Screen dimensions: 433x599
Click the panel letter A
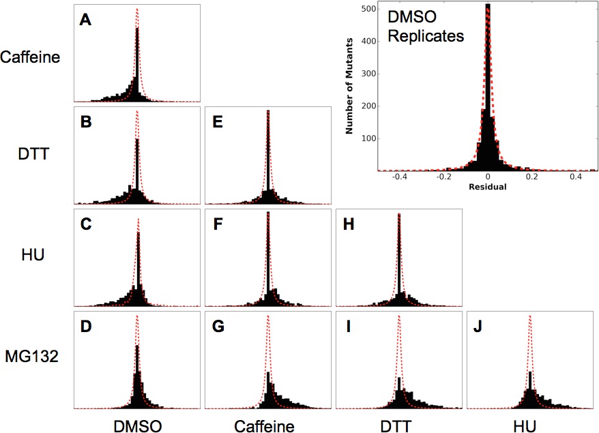point(85,20)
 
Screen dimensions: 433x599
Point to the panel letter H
point(348,224)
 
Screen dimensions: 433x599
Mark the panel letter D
point(86,327)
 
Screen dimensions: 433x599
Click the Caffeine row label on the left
point(31,57)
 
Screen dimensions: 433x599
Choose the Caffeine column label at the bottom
point(264,425)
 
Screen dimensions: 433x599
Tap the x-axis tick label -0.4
point(398,177)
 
